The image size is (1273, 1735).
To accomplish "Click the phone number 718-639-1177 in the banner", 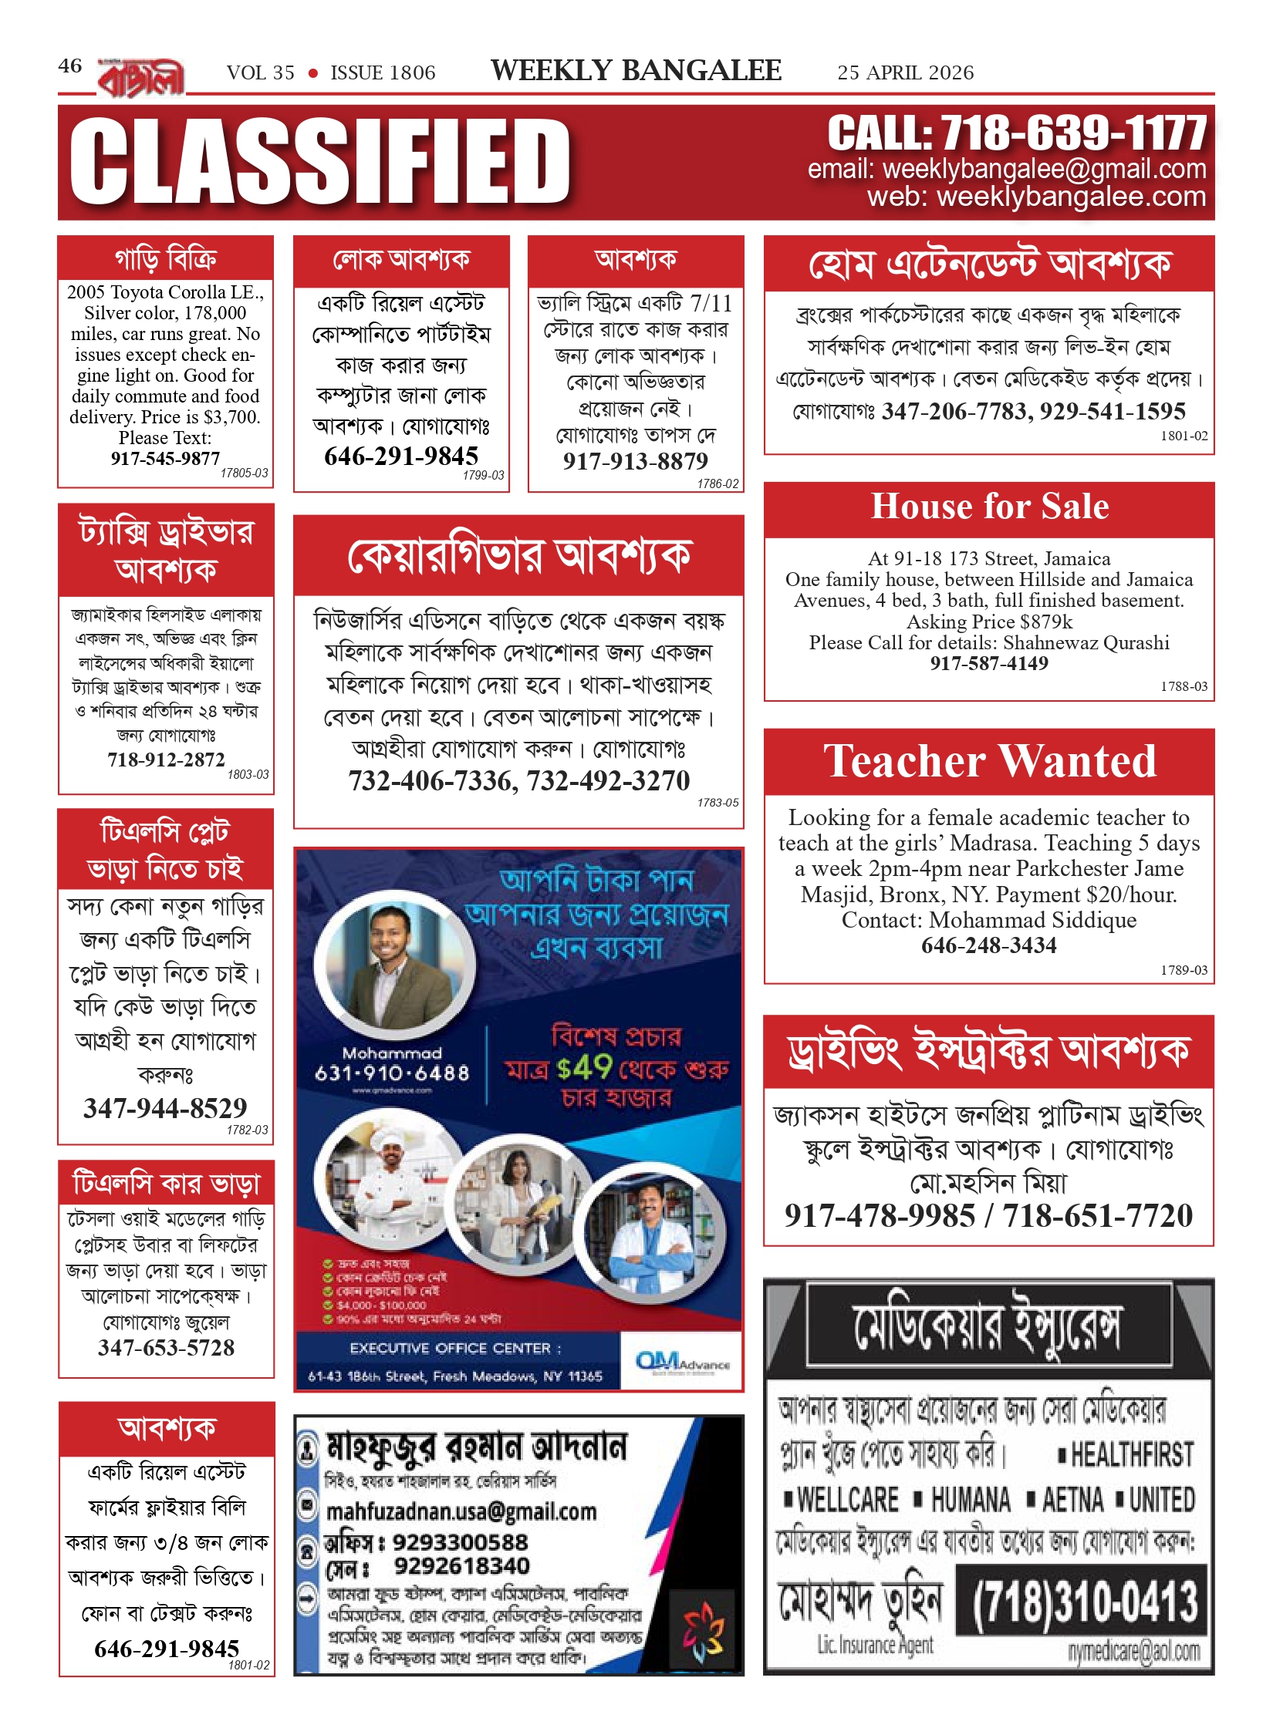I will (x=1073, y=133).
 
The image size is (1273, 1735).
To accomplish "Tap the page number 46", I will (x=69, y=66).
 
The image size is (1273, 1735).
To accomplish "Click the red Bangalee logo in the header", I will (x=141, y=78).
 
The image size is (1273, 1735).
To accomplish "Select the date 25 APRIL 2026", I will (x=905, y=72).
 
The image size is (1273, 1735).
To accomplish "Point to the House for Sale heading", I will (x=989, y=507).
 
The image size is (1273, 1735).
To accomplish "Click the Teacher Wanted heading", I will (x=989, y=761).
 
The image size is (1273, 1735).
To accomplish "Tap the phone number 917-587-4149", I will (x=988, y=663).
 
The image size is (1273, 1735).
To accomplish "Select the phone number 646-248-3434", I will (x=988, y=945).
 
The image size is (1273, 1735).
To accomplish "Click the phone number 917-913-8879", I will (x=635, y=461).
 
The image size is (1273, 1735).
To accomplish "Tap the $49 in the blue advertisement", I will (x=584, y=1068).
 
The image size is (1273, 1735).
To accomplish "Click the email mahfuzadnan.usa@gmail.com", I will (x=461, y=1511).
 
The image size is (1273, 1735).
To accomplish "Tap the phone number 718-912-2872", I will (x=166, y=760).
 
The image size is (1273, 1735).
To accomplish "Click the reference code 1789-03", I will (x=1184, y=970).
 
